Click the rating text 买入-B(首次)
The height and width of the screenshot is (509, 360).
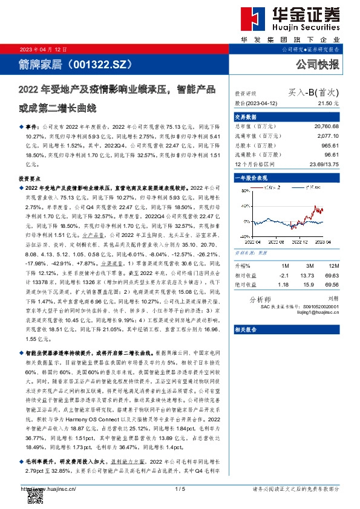tap(313, 93)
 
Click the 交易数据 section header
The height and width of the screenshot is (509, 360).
tap(244, 117)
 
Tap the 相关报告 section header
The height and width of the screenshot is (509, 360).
tap(244, 329)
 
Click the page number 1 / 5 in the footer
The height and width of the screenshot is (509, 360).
tap(180, 488)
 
